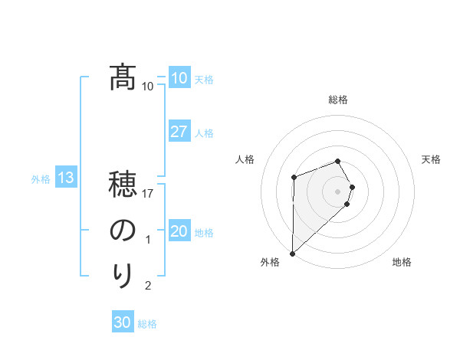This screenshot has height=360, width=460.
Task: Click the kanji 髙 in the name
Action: tap(123, 77)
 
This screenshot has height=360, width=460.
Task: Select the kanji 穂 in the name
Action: tap(123, 184)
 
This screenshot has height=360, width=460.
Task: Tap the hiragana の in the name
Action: tap(123, 230)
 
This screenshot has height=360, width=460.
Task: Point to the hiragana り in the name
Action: tap(123, 275)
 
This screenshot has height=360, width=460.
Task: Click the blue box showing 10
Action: tap(179, 77)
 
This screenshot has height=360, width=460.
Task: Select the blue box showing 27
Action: tap(179, 131)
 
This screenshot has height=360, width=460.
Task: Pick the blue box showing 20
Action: tap(179, 230)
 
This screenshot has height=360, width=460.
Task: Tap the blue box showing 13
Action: tap(66, 176)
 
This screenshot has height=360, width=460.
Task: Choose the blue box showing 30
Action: tap(123, 321)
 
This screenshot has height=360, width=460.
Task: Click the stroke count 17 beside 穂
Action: tap(147, 194)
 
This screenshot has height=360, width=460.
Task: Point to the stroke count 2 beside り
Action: tap(148, 286)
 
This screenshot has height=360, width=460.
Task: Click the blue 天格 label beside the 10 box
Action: tap(204, 80)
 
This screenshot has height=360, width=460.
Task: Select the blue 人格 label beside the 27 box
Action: tap(204, 133)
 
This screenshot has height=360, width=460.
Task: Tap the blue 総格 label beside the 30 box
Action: tap(147, 324)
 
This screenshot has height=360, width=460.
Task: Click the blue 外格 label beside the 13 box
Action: tap(41, 179)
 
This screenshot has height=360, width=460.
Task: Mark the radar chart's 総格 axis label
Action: tap(338, 100)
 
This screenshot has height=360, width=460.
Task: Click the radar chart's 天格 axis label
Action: tap(431, 159)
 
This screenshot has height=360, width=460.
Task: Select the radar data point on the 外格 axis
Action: tap(293, 254)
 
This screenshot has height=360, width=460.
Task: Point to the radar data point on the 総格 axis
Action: tap(337, 162)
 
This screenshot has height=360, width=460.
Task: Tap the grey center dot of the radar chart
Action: tap(337, 191)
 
